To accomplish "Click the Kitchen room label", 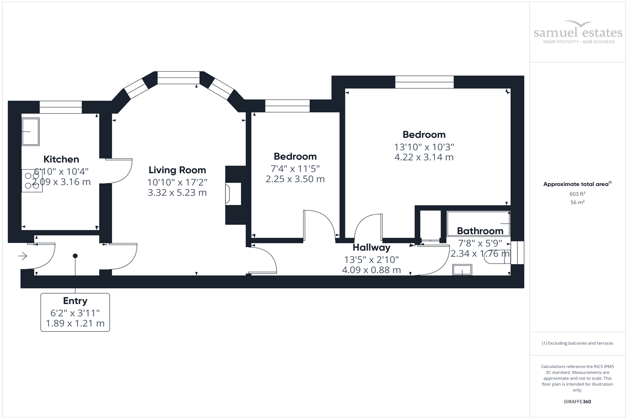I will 61,159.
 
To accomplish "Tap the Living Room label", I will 177,170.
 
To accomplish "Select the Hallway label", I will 371,248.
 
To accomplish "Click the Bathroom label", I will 480,231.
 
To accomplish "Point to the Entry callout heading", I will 75,301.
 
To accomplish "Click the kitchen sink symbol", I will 31,132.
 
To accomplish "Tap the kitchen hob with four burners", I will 32,181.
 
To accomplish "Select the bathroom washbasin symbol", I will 462,270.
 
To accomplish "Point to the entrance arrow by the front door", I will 23,256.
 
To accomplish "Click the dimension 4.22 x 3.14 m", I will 424,158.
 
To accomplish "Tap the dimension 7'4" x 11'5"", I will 295,168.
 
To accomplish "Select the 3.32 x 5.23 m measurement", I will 177,193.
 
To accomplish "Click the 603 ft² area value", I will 577,194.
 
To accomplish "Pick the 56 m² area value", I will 577,202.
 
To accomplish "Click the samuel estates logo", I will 578,32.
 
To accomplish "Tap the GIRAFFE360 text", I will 577,401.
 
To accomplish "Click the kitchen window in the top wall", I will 61,107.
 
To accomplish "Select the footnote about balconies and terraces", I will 577,343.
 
